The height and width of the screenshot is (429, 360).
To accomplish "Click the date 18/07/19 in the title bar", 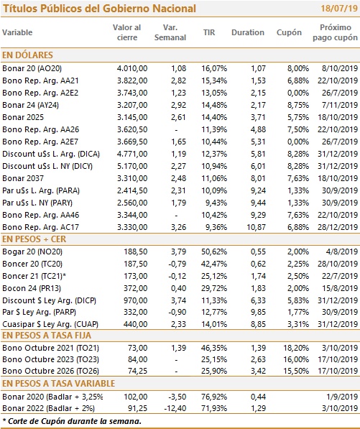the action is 339,9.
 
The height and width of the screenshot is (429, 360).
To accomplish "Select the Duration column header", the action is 248,32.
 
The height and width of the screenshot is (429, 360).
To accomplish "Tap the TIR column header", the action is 209,32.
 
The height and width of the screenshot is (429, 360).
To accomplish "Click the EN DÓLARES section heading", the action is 27,55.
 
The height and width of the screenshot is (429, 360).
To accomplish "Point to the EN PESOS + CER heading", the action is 34,239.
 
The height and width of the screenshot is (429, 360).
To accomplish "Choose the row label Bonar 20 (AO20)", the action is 32,68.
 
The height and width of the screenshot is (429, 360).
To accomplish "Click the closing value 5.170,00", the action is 132,166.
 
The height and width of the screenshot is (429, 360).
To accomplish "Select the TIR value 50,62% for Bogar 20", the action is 214,252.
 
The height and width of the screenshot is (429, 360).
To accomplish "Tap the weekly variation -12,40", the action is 175,408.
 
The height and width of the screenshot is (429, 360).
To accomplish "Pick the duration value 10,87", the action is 256,227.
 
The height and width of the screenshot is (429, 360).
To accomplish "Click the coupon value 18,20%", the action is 296,348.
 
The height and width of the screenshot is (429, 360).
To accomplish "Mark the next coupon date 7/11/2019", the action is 340,105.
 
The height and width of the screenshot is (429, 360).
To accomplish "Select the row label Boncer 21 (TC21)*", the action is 34,276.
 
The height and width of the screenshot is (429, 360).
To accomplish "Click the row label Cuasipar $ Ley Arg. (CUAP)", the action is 50,324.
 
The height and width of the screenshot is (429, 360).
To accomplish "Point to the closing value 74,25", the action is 137,371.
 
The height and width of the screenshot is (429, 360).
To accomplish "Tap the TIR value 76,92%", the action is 214,397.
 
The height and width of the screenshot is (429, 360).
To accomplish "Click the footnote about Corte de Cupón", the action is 72,421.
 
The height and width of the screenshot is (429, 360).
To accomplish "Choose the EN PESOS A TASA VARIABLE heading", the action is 58,384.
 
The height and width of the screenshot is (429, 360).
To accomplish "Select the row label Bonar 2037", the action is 23,178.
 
